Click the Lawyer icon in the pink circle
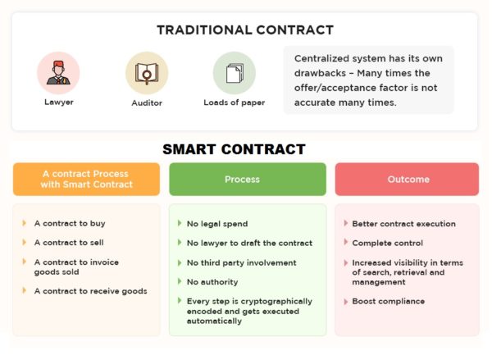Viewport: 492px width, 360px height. click(x=58, y=73)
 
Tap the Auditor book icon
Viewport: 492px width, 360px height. click(x=147, y=73)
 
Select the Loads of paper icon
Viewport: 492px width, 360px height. click(x=234, y=73)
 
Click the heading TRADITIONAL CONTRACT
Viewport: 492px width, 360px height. click(x=245, y=30)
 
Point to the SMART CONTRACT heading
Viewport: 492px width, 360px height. click(x=234, y=149)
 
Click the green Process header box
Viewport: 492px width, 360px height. click(x=242, y=179)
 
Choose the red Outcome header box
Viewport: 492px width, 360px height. click(x=407, y=179)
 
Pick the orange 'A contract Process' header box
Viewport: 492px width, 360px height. click(x=86, y=179)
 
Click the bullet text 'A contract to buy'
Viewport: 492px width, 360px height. click(x=70, y=223)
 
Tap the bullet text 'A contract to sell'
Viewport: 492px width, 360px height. click(x=69, y=242)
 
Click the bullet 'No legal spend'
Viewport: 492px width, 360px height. click(x=217, y=223)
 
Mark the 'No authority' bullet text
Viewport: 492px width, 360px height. click(x=212, y=281)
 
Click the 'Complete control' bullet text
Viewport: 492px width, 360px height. click(x=388, y=243)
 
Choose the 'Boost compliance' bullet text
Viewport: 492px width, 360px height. click(x=389, y=301)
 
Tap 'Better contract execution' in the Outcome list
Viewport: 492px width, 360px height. click(x=404, y=223)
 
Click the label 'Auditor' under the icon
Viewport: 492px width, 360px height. click(x=147, y=103)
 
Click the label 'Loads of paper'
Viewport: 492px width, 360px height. click(x=234, y=103)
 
